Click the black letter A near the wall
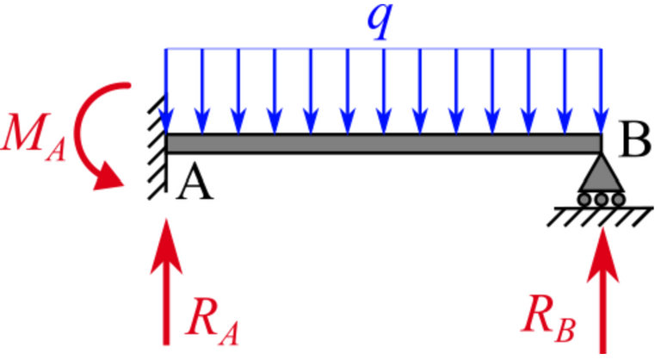[195, 183]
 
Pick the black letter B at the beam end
[634, 142]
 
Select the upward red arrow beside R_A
[166, 284]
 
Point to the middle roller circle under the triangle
[601, 200]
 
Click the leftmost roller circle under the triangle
[584, 200]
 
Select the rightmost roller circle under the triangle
[617, 200]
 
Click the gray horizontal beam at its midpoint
[383, 143]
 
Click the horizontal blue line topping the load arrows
[383, 49]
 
